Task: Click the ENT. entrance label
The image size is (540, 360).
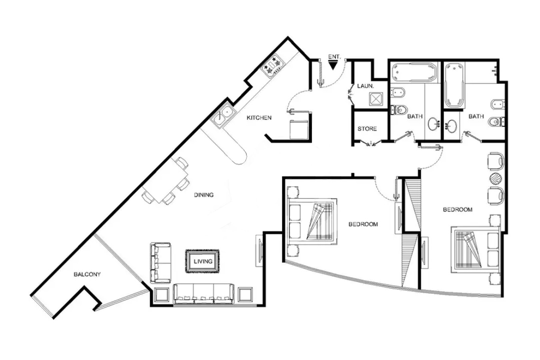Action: pyautogui.click(x=334, y=57)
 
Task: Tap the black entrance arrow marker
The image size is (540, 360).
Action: pyautogui.click(x=333, y=65)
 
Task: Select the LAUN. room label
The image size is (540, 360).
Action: pyautogui.click(x=366, y=86)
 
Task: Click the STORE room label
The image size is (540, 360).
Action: pyautogui.click(x=367, y=129)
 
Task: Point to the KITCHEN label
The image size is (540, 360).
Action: pyautogui.click(x=259, y=118)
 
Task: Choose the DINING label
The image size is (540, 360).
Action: pyautogui.click(x=204, y=195)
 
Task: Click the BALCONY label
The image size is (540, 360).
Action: pyautogui.click(x=87, y=274)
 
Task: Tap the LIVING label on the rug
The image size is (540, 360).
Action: pyautogui.click(x=203, y=261)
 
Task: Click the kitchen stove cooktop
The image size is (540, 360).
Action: pyautogui.click(x=273, y=66)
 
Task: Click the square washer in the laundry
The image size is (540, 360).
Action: pyautogui.click(x=376, y=99)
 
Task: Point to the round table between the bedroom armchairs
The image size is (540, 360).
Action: pyautogui.click(x=496, y=179)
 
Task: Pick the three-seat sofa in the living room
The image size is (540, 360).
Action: pyautogui.click(x=204, y=294)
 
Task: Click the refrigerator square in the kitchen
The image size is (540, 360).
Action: pyautogui.click(x=299, y=130)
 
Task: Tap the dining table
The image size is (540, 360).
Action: pyautogui.click(x=165, y=180)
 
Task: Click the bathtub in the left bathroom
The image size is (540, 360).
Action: pyautogui.click(x=414, y=72)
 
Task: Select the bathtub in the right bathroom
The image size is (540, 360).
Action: pyautogui.click(x=454, y=85)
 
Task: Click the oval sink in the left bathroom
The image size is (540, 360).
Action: pyautogui.click(x=433, y=124)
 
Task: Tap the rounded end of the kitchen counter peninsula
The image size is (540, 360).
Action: pyautogui.click(x=239, y=157)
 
